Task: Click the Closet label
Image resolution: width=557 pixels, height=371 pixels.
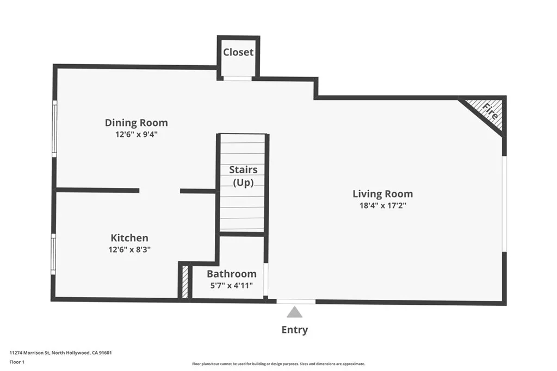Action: point(238,52)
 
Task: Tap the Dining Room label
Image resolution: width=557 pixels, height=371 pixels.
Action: point(136,123)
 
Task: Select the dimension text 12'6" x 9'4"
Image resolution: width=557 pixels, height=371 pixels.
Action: point(136,134)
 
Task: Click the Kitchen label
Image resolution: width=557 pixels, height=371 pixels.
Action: point(129,238)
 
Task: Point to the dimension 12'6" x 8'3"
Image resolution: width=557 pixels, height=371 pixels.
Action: point(129,249)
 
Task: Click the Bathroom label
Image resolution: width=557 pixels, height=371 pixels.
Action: point(231,274)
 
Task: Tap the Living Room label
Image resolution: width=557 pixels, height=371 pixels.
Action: point(382,194)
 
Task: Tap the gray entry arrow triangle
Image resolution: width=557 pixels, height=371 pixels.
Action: point(295,312)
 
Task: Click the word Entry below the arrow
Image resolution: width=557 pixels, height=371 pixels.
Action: point(295,330)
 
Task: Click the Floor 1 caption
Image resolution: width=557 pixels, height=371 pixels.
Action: point(17,362)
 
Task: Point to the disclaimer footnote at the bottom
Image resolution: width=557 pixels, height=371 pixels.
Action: point(278,364)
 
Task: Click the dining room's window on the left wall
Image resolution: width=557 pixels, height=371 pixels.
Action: point(54,129)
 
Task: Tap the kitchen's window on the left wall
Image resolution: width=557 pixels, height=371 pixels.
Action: point(53,254)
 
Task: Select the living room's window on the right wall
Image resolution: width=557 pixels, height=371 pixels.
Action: point(504,204)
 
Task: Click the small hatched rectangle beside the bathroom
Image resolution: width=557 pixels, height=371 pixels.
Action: point(185,281)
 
